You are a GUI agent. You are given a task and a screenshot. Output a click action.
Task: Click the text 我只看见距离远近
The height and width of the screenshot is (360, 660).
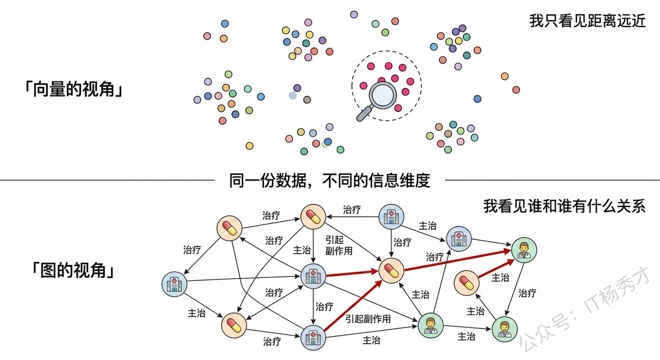pyautogui.click(x=587, y=21)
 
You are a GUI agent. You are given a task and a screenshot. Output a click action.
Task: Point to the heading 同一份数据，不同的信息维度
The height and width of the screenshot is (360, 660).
pyautogui.click(x=329, y=181)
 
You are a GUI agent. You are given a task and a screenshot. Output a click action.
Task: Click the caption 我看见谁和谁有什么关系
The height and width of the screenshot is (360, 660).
pyautogui.click(x=565, y=206)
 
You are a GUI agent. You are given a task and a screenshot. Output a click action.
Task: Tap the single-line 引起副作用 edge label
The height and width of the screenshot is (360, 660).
pyautogui.click(x=368, y=319)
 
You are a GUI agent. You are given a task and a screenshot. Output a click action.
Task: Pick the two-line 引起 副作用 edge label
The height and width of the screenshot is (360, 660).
pyautogui.click(x=339, y=245)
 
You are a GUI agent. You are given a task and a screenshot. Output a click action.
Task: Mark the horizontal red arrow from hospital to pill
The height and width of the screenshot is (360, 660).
pyautogui.click(x=350, y=273)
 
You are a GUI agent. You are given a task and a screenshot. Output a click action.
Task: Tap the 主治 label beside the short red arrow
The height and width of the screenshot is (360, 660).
pyautogui.click(x=500, y=277)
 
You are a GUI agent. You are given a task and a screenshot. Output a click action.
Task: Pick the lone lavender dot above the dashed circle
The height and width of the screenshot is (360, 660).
pyautogui.click(x=354, y=14)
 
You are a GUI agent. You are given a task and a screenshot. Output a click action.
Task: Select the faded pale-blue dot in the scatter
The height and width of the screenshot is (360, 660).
pyautogui.click(x=293, y=95)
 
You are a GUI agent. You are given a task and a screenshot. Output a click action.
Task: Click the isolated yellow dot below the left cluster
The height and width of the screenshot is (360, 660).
pyautogui.click(x=250, y=146)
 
